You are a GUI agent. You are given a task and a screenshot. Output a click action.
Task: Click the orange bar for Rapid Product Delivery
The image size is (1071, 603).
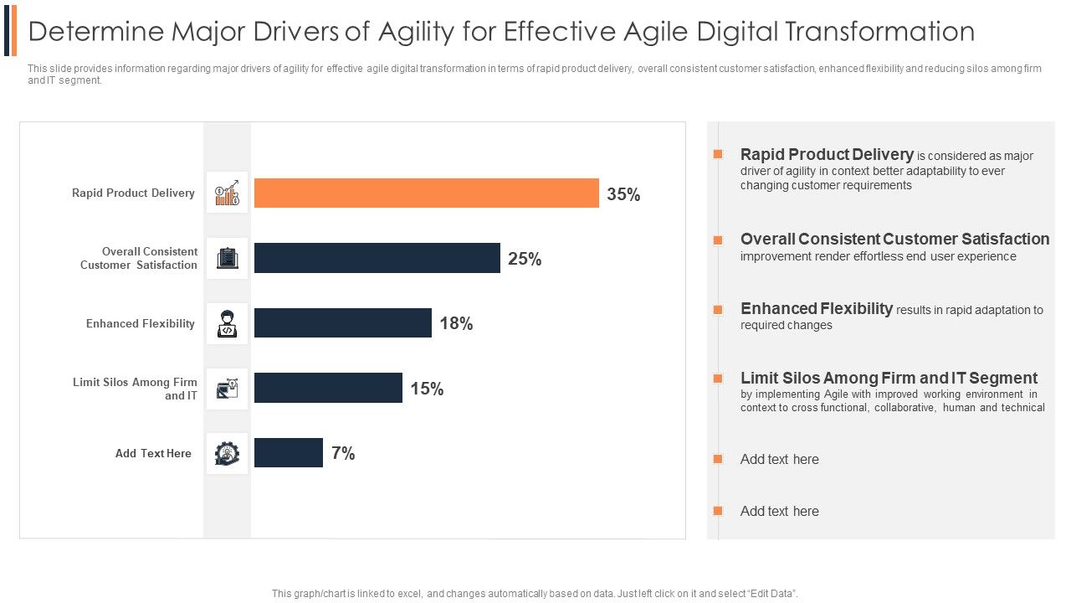pyautogui.click(x=427, y=193)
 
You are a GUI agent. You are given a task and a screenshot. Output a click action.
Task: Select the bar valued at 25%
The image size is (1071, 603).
pyautogui.click(x=377, y=258)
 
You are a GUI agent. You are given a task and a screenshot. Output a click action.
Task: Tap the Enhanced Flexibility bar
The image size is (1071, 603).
pyautogui.click(x=343, y=323)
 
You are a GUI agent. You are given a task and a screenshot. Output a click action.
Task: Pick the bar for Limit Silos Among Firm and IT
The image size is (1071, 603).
pyautogui.click(x=328, y=388)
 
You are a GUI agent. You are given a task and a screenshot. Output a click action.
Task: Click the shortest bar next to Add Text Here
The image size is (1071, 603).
pyautogui.click(x=289, y=453)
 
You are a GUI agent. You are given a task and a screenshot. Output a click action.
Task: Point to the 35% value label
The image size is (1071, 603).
pyautogui.click(x=623, y=194)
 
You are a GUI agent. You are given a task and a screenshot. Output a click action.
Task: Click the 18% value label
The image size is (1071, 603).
pyautogui.click(x=456, y=324)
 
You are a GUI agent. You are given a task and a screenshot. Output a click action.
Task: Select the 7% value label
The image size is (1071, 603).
pyautogui.click(x=343, y=454)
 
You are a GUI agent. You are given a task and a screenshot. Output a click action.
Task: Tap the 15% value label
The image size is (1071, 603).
pyautogui.click(x=427, y=389)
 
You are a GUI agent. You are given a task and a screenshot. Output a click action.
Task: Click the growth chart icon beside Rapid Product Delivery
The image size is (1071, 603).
pyautogui.click(x=228, y=193)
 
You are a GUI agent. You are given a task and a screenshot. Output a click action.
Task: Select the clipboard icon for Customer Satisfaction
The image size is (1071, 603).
pyautogui.click(x=228, y=258)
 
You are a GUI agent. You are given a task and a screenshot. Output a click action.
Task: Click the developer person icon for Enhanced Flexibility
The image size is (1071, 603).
pyautogui.click(x=228, y=323)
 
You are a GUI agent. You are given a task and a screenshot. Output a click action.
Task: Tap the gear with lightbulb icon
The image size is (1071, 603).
pyautogui.click(x=228, y=453)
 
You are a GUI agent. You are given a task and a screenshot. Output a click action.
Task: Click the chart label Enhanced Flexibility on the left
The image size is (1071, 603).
pyautogui.click(x=141, y=324)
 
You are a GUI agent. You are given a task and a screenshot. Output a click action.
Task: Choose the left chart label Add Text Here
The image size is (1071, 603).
pyautogui.click(x=153, y=454)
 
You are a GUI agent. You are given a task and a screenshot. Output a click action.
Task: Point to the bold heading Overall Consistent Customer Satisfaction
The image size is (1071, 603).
pyautogui.click(x=894, y=240)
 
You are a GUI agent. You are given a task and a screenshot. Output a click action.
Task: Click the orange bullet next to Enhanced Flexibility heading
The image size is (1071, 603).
pyautogui.click(x=717, y=310)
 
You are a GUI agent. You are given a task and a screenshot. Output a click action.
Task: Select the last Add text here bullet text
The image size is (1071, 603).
pyautogui.click(x=779, y=512)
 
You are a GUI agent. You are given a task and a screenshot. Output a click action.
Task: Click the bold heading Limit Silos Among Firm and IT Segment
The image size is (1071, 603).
pyautogui.click(x=889, y=379)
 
